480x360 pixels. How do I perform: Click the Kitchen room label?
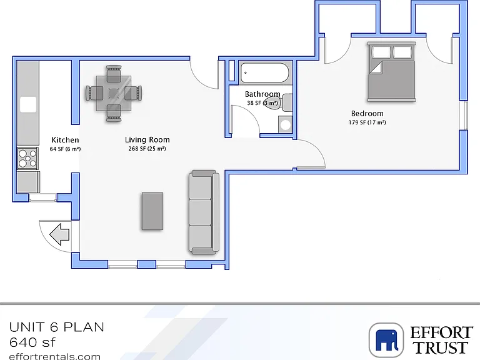[x=65, y=140]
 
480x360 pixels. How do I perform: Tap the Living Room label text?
[x=147, y=140]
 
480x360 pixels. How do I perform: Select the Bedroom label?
[x=367, y=114]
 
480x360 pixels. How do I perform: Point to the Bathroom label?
[x=262, y=94]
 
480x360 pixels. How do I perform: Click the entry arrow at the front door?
[x=59, y=234]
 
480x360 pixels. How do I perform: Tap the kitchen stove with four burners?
[x=27, y=158]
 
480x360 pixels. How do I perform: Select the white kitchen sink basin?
[x=28, y=104]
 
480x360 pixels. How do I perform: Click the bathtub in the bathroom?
[x=264, y=73]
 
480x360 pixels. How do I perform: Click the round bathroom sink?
[x=285, y=124]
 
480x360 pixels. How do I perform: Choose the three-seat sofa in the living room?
[x=204, y=212]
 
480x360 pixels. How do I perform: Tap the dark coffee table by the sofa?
[x=152, y=211]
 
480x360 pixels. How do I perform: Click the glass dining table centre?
[x=114, y=93]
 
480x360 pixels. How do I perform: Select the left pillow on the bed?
[x=381, y=52]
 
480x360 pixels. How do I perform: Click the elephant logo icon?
[x=386, y=340]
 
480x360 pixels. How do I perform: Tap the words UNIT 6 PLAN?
[x=57, y=327]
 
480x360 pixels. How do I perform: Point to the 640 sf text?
[x=32, y=342]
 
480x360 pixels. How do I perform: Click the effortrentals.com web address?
[x=55, y=356]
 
